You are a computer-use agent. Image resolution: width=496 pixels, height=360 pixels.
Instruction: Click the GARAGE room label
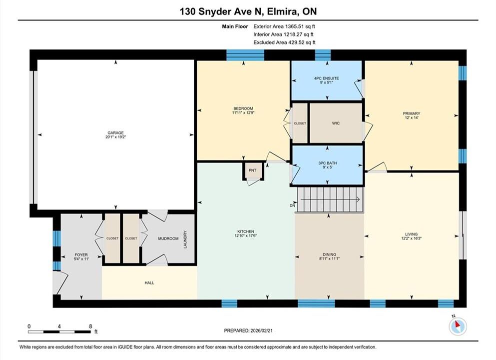click(x=115, y=133)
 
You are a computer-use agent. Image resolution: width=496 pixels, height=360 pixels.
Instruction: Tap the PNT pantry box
click(x=252, y=170)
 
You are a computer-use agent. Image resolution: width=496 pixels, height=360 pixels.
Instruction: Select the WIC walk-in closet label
click(x=336, y=123)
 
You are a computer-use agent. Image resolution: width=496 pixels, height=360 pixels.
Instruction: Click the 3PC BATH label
click(x=327, y=163)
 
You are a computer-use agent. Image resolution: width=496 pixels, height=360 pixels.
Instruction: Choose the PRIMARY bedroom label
click(x=411, y=113)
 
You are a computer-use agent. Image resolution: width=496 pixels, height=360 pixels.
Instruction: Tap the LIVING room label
click(x=411, y=234)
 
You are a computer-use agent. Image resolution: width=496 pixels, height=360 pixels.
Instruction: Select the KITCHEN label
click(x=246, y=231)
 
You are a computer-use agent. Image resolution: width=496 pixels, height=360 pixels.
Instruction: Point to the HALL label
click(x=149, y=282)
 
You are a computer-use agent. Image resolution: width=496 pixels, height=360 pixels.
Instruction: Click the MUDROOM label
click(x=168, y=238)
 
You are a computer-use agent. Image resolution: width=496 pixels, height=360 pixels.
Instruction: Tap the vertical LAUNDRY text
click(x=185, y=239)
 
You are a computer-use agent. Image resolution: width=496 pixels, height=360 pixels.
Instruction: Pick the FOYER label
click(x=81, y=254)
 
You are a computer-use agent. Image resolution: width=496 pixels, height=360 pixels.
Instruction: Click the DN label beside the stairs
click(x=292, y=205)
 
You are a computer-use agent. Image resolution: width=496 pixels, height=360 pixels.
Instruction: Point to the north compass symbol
click(x=458, y=326)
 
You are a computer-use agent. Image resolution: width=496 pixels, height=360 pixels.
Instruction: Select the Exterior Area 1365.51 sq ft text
click(x=284, y=26)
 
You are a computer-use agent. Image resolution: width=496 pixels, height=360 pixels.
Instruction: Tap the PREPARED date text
click(x=248, y=330)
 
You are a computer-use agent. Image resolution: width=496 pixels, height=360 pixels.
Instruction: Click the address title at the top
click(x=248, y=11)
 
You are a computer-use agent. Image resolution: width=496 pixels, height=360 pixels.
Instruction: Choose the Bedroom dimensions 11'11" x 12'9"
click(x=243, y=112)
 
